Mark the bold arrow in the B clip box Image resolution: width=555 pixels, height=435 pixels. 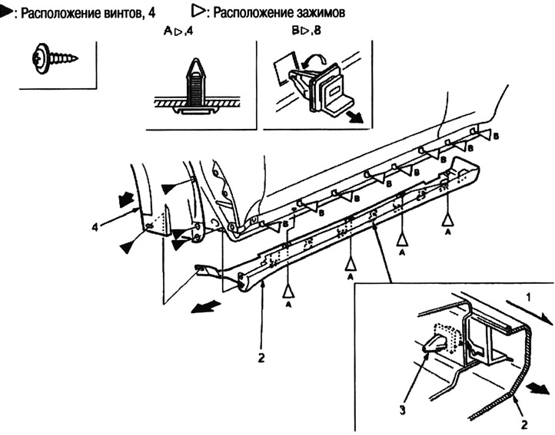click(356, 117)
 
